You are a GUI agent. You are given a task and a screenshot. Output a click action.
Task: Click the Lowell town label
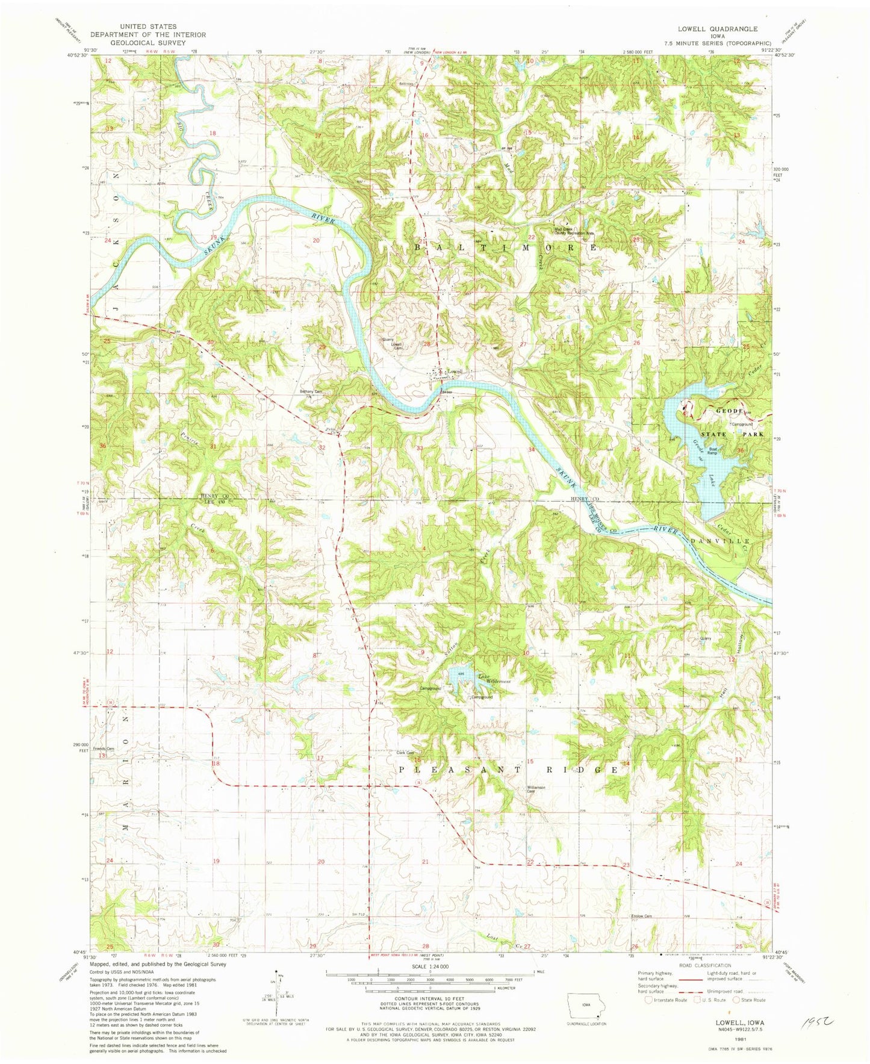(455, 372)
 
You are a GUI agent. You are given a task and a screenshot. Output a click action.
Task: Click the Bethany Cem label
(312, 392)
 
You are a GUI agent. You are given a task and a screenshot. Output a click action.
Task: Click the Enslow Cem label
(641, 916)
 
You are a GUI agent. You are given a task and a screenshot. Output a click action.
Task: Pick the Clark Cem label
(406, 753)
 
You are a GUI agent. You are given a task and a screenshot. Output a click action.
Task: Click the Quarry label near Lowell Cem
(388, 339)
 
